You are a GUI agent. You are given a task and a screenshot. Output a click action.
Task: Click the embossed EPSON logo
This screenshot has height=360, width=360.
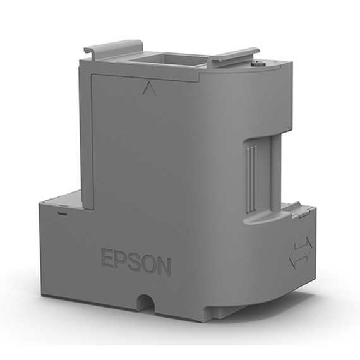136,262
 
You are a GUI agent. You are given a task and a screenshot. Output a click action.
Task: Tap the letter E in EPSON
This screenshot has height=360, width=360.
108,259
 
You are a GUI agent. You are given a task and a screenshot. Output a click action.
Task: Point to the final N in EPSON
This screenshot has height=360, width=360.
163,266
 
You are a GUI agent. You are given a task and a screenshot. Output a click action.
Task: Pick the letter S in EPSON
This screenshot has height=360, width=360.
135,262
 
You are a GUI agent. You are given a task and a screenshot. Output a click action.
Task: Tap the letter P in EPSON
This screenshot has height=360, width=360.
121,260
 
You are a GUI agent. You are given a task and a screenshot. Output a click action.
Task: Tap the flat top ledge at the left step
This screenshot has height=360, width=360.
63,201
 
